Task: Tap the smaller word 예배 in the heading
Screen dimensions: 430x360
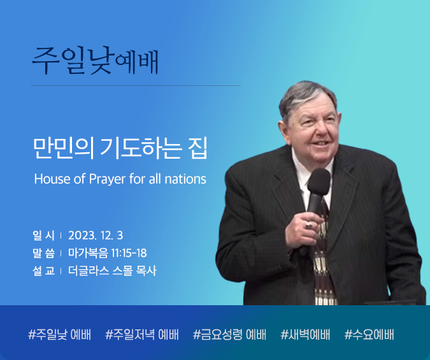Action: pos(136,62)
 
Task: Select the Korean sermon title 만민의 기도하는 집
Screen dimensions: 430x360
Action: pos(120,148)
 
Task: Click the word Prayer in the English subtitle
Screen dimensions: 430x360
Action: pos(107,179)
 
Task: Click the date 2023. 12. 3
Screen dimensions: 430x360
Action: pos(96,235)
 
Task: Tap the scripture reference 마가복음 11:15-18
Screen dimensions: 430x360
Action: pos(108,253)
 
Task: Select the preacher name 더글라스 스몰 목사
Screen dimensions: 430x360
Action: pos(112,271)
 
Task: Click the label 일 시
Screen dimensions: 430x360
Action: pos(43,235)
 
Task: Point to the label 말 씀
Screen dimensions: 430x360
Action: pos(43,253)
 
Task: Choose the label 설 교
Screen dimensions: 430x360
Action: pos(43,271)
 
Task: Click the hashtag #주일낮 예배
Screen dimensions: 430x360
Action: pos(59,335)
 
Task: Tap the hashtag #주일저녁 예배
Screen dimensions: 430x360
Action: pos(142,335)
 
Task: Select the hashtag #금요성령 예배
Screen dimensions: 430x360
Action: pos(229,335)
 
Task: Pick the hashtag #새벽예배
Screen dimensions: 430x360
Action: pos(305,335)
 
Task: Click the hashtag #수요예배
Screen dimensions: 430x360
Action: pos(369,335)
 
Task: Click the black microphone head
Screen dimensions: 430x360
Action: pos(319,182)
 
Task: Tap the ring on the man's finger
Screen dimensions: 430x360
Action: pos(309,225)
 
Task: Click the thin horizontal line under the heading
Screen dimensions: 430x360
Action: pos(136,85)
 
